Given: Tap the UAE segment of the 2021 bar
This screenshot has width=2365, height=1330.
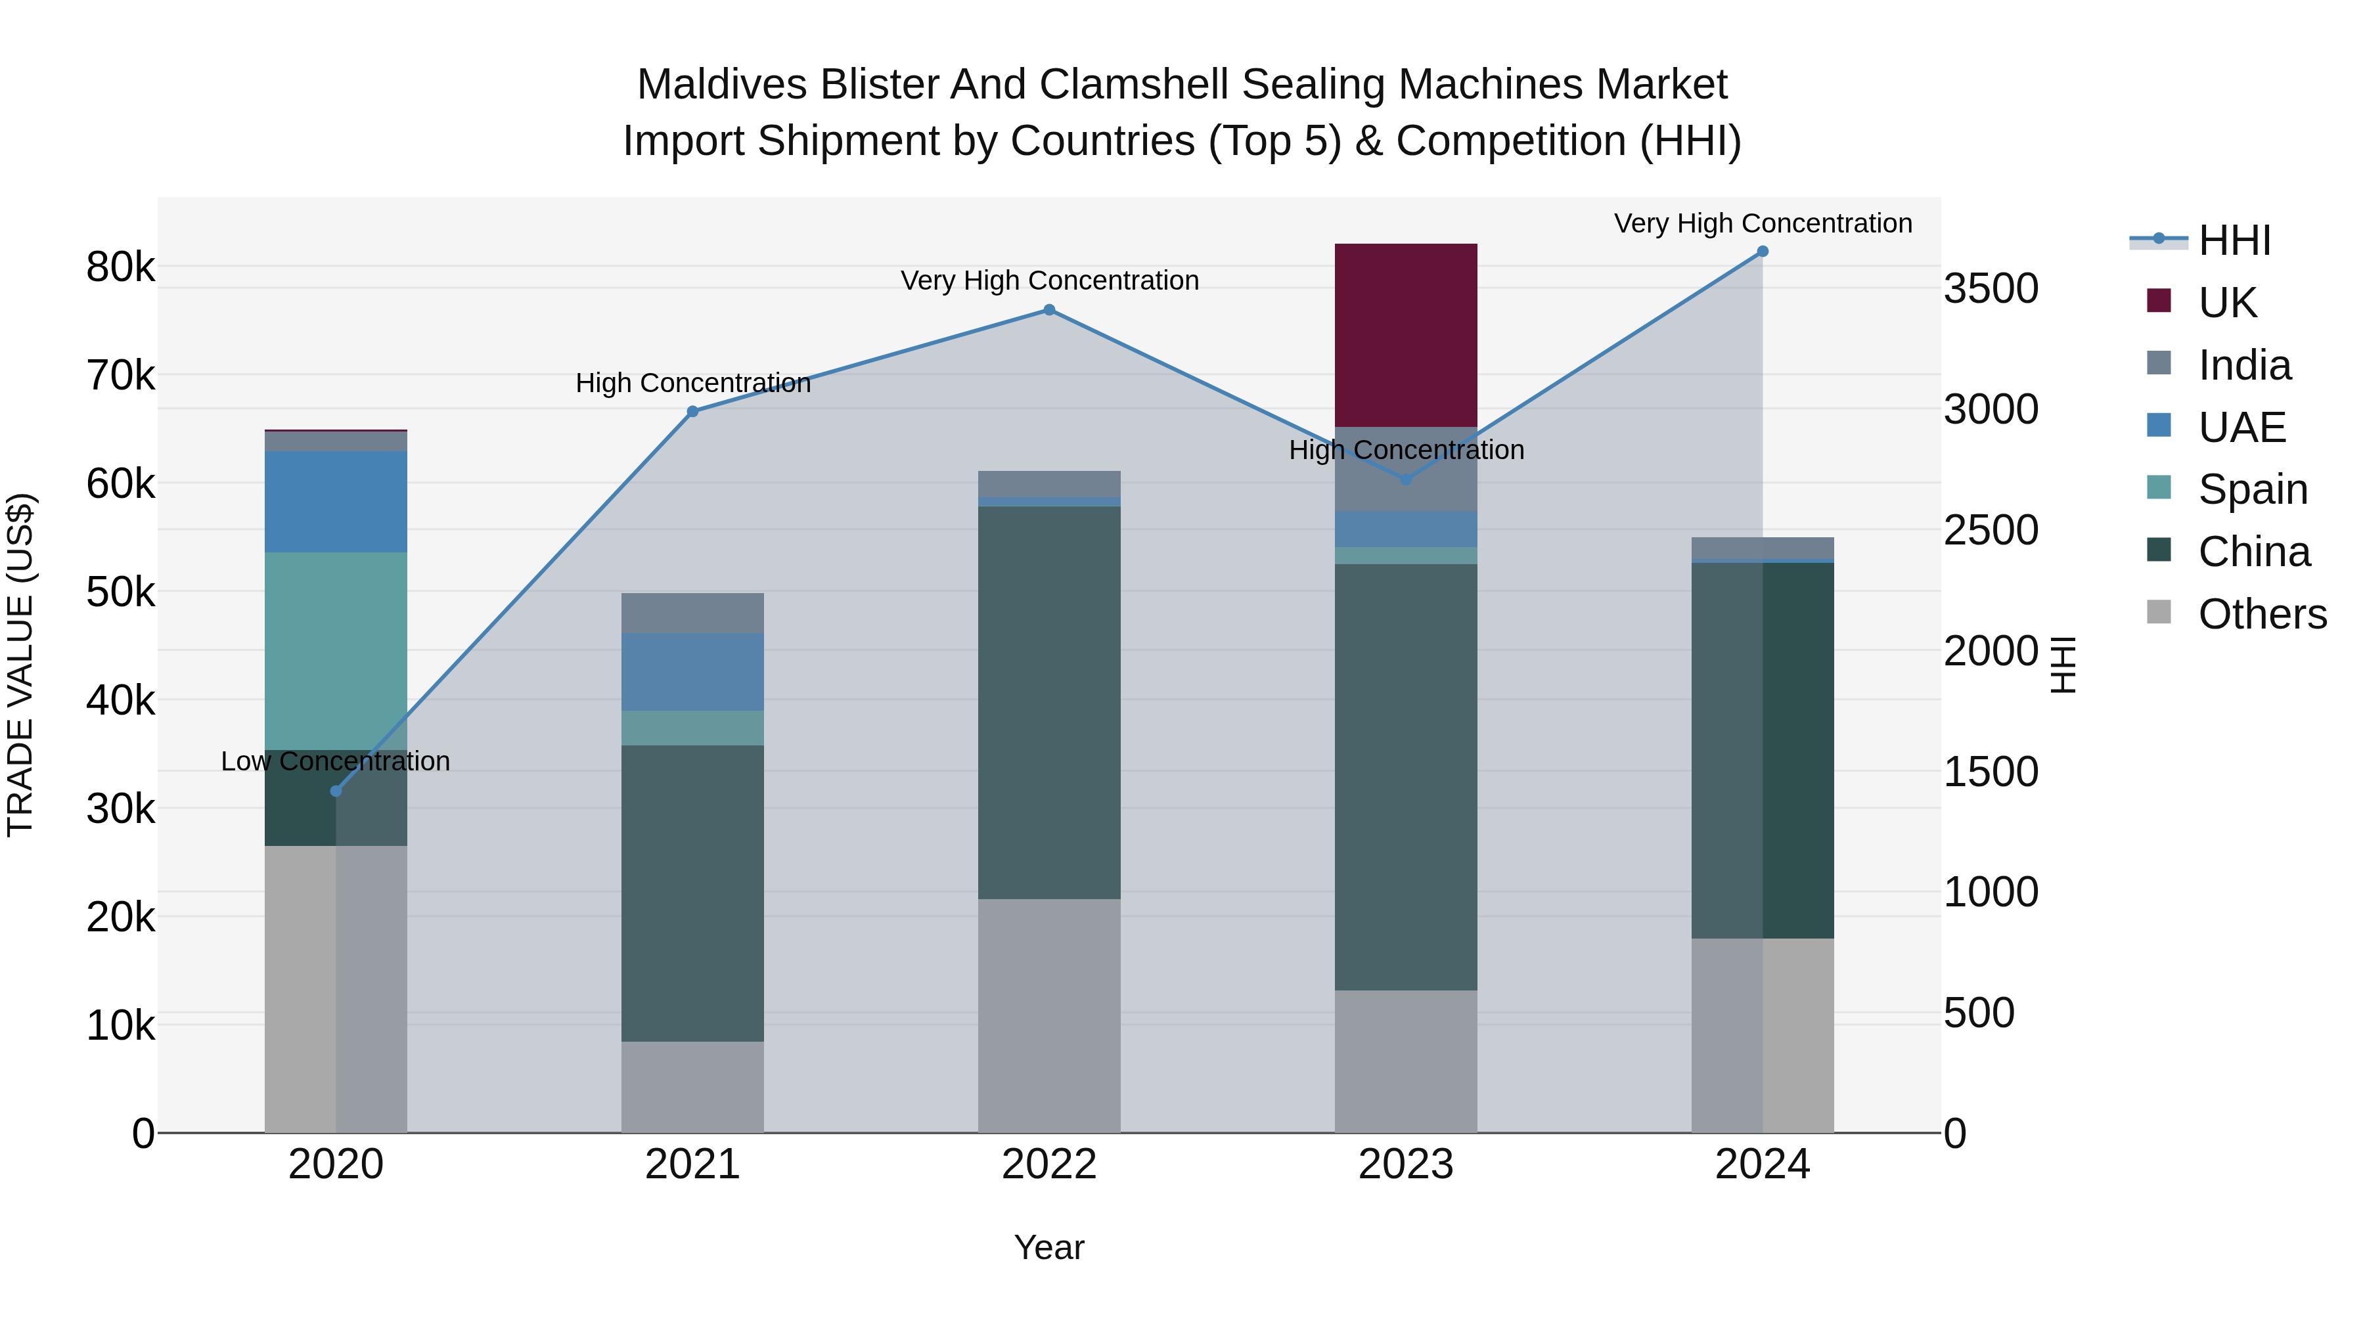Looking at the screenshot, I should click(x=692, y=671).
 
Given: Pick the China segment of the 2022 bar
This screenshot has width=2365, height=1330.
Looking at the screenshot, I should click(x=1048, y=702).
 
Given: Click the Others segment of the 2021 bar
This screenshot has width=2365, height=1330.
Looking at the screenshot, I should click(x=692, y=1087).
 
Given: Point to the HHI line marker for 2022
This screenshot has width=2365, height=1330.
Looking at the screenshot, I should click(x=1049, y=310).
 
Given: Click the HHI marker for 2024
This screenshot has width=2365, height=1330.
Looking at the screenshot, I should click(x=1762, y=252).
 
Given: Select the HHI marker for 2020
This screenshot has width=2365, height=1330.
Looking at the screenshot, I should click(x=336, y=791).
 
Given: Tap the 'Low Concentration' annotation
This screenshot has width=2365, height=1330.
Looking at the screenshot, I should click(x=335, y=762).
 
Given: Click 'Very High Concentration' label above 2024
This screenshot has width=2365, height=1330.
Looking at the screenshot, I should click(x=1762, y=224).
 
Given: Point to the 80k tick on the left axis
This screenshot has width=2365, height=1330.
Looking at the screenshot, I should click(x=120, y=268).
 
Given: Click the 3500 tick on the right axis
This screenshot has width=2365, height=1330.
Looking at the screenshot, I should click(x=1991, y=288).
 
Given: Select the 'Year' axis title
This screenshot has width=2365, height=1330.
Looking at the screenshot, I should click(x=1048, y=1247).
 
